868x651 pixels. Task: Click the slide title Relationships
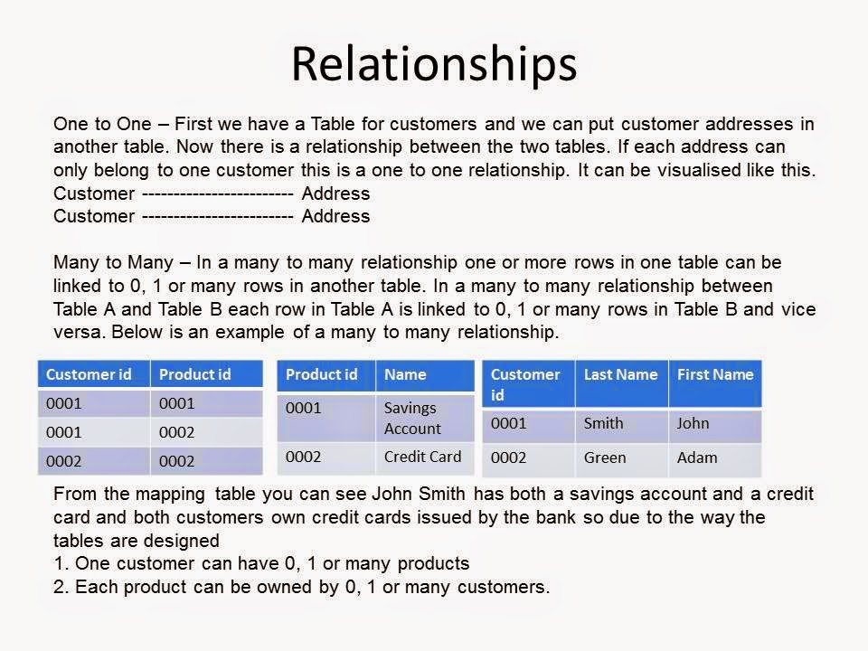pos(433,63)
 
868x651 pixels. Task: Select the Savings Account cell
pos(412,418)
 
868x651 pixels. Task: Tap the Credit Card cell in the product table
pos(422,457)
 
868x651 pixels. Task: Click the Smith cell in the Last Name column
pos(603,423)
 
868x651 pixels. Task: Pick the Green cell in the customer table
pos(604,458)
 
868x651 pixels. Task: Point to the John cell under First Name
pos(693,423)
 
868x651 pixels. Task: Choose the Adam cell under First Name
pos(696,458)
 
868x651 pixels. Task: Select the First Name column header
pos(714,374)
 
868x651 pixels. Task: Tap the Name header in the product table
pos(404,374)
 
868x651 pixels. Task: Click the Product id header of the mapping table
pos(194,374)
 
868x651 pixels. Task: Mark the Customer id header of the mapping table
pos(89,374)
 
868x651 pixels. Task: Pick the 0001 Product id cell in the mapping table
pos(176,403)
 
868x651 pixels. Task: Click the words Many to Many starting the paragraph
pos(113,263)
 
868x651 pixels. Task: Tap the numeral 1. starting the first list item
pos(61,564)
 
